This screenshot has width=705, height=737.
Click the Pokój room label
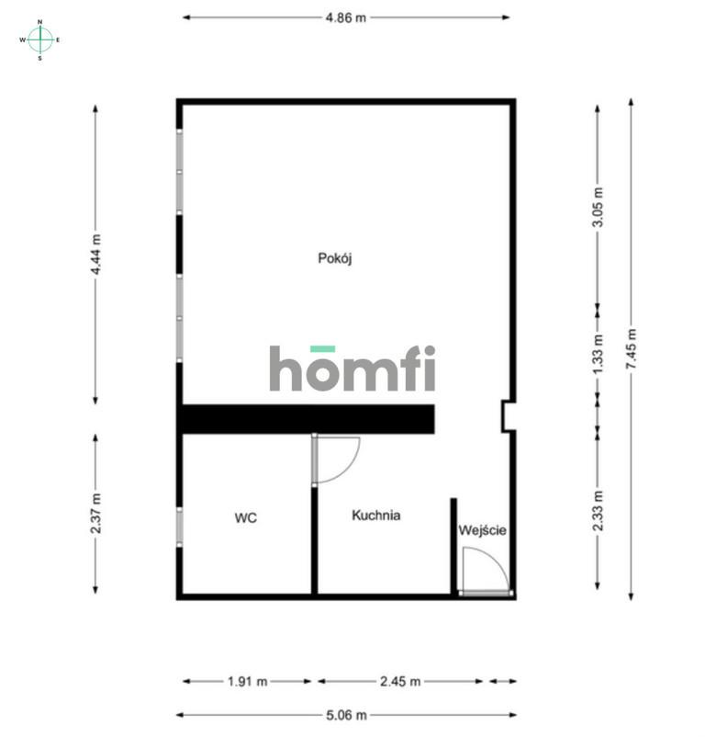335,258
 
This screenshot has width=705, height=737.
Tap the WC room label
245,518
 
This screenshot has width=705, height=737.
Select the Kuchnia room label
376,516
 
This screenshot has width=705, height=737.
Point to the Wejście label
482,530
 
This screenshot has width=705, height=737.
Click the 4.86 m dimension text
346,17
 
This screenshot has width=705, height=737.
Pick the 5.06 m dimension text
346,715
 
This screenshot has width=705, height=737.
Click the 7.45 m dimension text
632,349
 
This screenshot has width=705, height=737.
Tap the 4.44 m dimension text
95,255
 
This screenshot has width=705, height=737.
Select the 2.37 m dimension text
95,514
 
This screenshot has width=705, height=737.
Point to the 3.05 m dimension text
598,208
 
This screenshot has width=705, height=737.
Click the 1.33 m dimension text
598,355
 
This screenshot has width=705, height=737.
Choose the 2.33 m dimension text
598,511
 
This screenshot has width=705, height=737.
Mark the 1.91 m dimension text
247,682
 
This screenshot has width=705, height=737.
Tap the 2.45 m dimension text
400,682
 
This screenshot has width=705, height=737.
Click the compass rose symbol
39,40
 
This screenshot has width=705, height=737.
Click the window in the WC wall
179,527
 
